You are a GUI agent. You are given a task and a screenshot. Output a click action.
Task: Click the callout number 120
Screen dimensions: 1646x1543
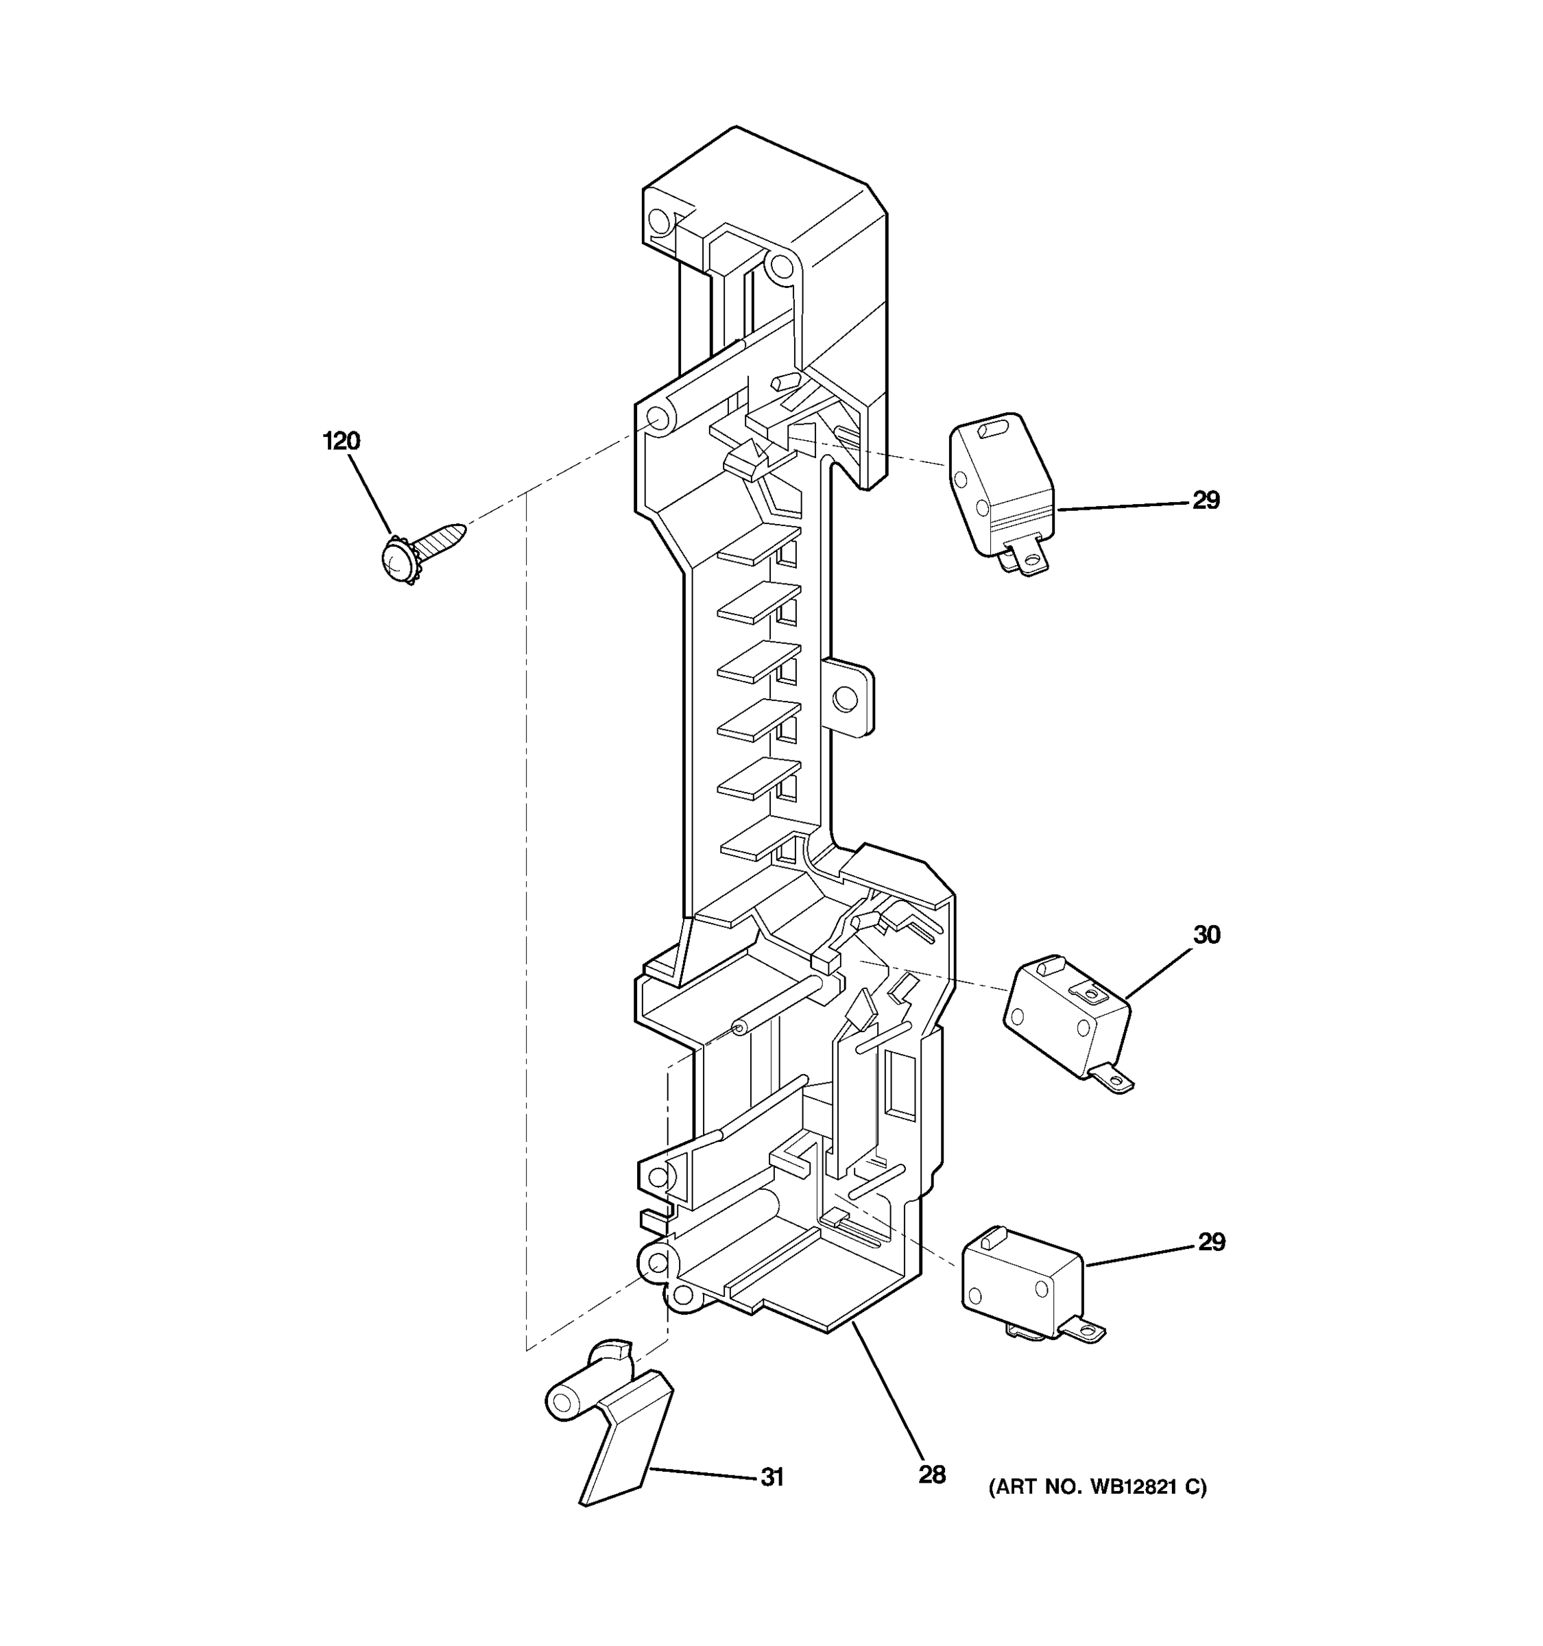click(x=341, y=441)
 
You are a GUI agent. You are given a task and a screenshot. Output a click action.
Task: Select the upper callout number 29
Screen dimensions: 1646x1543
click(x=1206, y=500)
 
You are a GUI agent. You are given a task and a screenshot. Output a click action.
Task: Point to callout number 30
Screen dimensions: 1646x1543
click(x=1206, y=935)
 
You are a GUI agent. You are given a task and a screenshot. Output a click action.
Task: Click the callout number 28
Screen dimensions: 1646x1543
click(x=931, y=1475)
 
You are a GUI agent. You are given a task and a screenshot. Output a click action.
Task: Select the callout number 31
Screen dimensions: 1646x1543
click(x=771, y=1477)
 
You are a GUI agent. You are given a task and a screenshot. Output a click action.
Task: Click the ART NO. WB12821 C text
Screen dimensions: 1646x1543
click(x=1098, y=1487)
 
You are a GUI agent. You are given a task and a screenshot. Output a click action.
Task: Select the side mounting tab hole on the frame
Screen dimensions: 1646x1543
click(x=844, y=699)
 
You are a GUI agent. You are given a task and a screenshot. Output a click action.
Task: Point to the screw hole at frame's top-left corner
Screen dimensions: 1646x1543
click(x=659, y=220)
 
